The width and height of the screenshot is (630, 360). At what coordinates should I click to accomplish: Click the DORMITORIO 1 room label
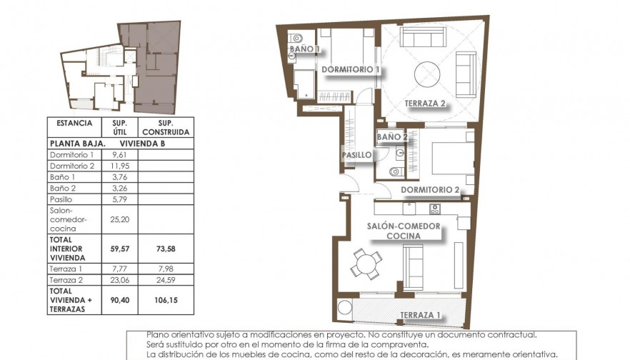350,70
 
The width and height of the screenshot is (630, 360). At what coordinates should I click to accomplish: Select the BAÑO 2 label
392,137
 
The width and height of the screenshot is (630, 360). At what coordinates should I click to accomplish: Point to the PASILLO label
356,155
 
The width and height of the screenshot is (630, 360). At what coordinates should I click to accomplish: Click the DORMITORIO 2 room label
430,190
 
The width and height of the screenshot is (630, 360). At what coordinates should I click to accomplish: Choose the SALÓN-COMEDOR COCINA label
404,231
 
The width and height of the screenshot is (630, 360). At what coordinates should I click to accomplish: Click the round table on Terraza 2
428,72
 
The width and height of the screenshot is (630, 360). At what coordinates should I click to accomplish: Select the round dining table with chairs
366,264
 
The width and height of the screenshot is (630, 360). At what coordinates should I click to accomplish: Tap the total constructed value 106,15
166,301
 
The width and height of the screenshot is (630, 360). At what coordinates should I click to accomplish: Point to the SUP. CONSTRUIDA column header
166,127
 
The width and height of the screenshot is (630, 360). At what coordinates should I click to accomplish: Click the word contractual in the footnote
509,335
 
